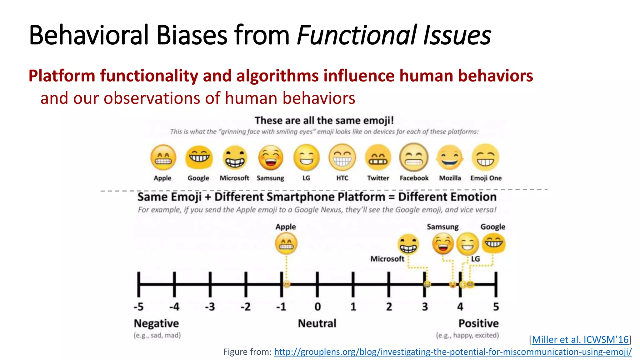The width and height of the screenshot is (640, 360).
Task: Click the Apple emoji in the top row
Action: [x=163, y=157]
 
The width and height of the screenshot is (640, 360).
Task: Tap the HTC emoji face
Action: [x=342, y=157]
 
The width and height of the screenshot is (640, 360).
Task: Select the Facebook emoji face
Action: [x=414, y=157]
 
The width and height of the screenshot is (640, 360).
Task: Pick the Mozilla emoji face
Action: [x=450, y=157]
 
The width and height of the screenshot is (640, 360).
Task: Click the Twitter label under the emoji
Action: [x=378, y=178]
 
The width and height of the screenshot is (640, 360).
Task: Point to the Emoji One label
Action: [x=486, y=178]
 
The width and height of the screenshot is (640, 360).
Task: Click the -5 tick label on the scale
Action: [x=138, y=307]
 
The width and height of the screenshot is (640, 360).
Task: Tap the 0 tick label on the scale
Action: [x=317, y=307]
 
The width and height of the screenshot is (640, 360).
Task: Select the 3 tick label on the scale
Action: [x=425, y=307]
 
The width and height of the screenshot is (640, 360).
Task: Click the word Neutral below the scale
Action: [x=317, y=323]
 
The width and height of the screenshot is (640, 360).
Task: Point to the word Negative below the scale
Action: [x=156, y=323]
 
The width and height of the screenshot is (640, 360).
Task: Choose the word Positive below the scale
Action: [x=478, y=323]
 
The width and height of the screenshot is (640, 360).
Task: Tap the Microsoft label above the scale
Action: [x=387, y=259]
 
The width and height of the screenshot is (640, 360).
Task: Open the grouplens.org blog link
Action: [x=452, y=352]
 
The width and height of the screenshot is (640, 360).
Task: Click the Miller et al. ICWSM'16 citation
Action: [x=580, y=339]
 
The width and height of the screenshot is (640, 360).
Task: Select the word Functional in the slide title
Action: [x=356, y=35]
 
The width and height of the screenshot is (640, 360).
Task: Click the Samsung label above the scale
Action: [x=442, y=227]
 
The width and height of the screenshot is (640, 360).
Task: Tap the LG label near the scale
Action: [x=475, y=259]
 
